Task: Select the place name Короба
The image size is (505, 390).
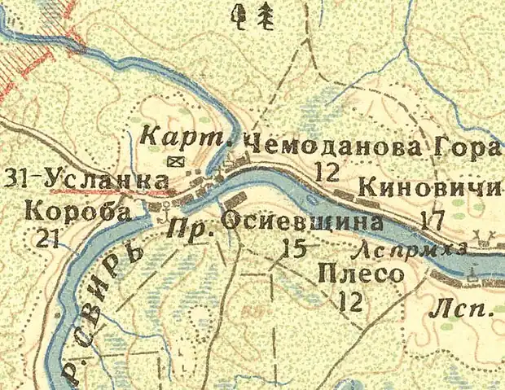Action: [78, 213]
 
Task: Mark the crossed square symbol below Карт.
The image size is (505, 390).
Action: [173, 162]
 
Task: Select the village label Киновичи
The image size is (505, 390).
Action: [427, 186]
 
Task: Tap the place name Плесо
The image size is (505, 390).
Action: [361, 274]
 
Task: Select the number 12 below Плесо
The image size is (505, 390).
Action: [351, 303]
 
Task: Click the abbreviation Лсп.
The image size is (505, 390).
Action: [450, 309]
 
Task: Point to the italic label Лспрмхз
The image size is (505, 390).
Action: [413, 248]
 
